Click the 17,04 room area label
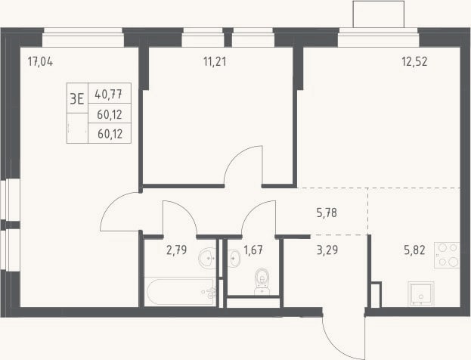point(40,62)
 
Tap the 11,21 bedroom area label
point(215,62)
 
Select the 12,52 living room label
point(414,62)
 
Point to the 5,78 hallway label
point(327,213)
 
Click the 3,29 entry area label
point(327,250)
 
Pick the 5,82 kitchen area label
point(414,250)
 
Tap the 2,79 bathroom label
point(177,250)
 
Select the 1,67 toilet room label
point(253,250)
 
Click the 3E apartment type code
point(77,98)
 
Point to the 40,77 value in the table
point(108,95)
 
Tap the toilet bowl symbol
point(262,281)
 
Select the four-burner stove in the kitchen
point(447,255)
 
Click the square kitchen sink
point(421,293)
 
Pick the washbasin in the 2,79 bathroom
point(208,258)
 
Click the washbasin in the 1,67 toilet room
point(234,258)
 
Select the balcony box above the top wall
point(379,14)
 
